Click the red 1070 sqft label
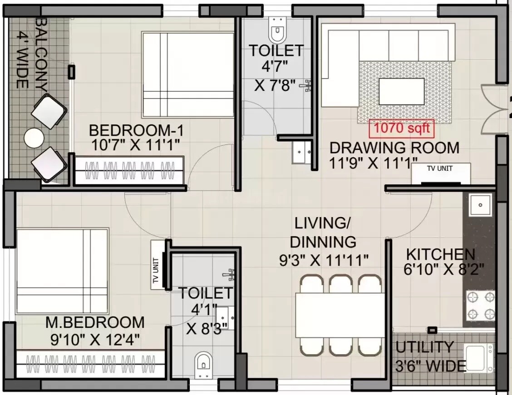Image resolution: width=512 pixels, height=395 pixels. tap(401, 128)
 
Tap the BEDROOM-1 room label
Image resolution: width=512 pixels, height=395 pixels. tap(136, 131)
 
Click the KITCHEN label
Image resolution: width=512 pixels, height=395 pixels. tap(440, 254)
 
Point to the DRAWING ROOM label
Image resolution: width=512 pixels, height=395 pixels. tap(394, 148)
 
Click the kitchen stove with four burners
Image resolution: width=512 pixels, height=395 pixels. tap(481, 306)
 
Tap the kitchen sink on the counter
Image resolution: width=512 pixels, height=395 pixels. tap(479, 205)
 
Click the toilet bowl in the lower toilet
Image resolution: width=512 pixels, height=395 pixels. tap(204, 364)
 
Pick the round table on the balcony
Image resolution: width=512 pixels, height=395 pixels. tap(34, 138)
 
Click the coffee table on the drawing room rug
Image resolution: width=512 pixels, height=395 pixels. tap(402, 92)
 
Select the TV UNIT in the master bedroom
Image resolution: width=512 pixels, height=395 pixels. tap(157, 265)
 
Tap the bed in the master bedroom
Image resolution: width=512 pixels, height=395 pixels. tap(62, 271)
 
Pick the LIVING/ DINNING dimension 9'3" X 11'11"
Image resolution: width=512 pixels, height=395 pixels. tap(323, 260)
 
